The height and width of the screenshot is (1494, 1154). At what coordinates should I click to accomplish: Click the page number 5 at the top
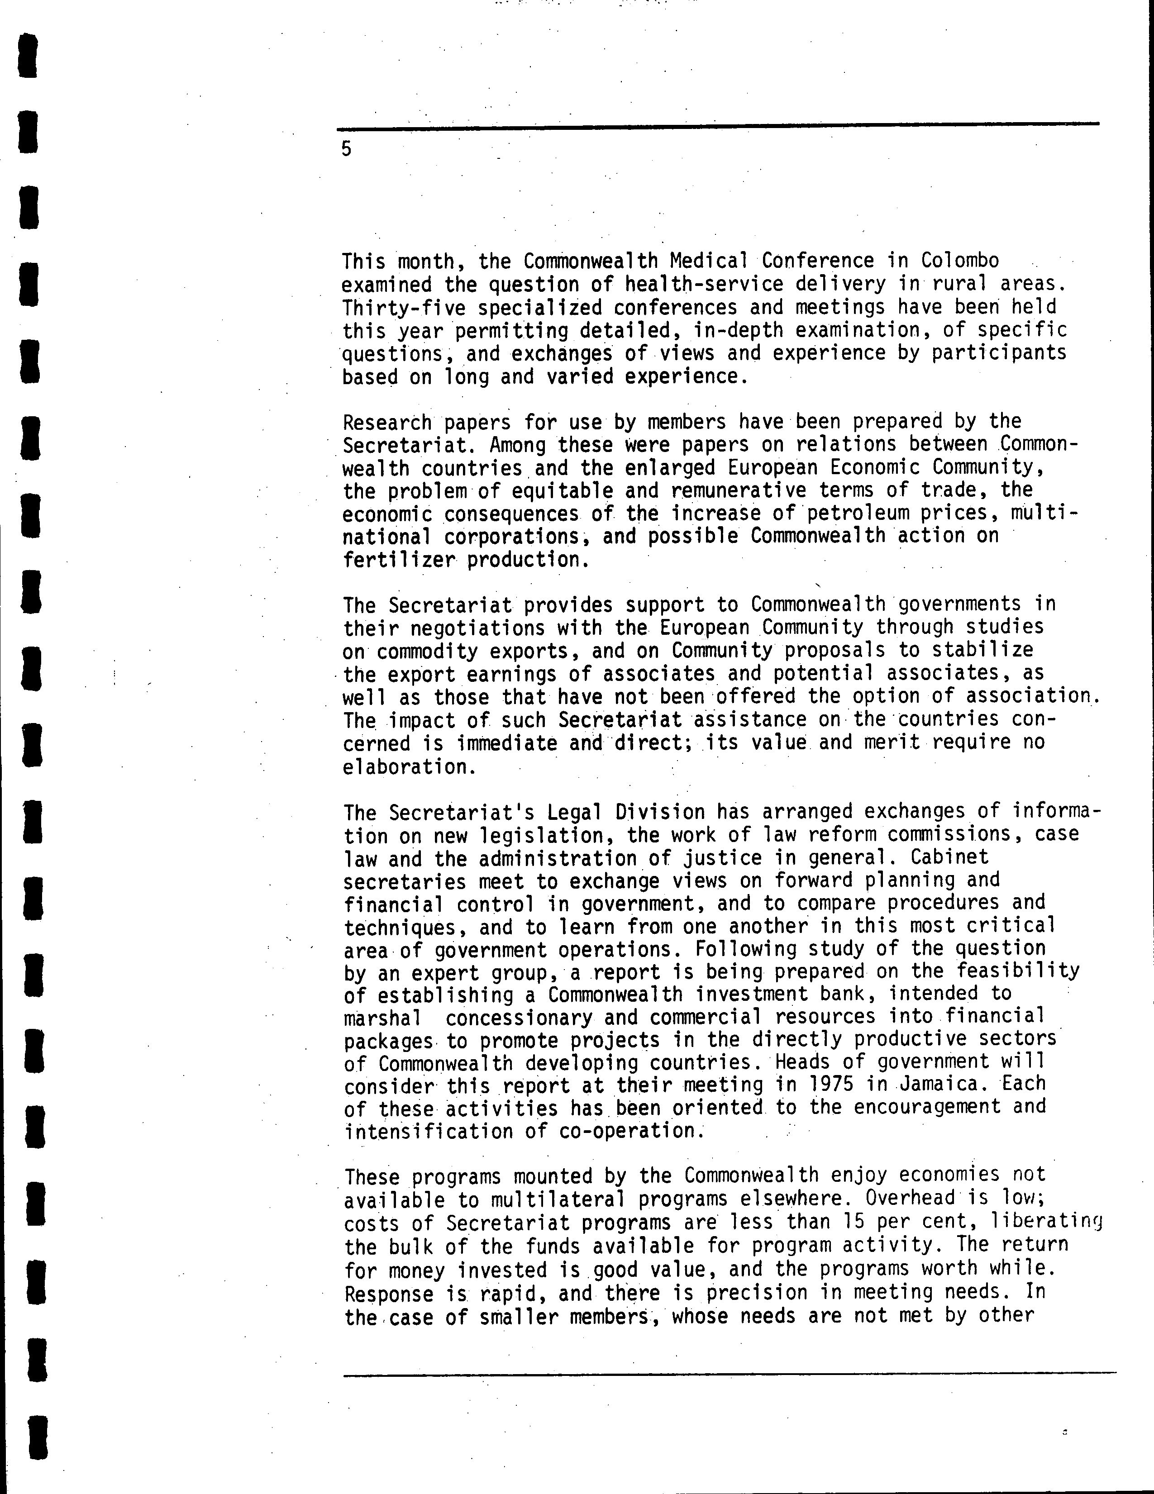347,149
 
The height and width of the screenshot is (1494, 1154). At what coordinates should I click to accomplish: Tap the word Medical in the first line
709,261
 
